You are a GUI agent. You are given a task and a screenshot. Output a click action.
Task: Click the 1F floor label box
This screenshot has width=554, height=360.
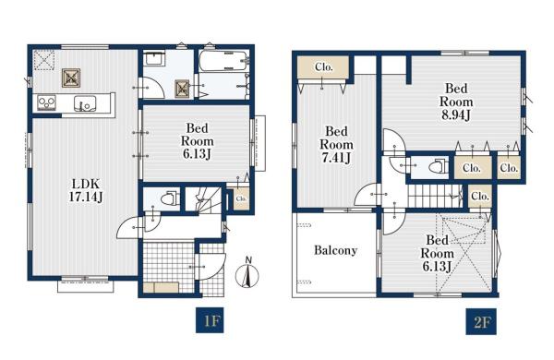(x=210, y=320)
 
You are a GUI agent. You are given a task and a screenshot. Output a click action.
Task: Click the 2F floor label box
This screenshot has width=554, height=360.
(x=481, y=321)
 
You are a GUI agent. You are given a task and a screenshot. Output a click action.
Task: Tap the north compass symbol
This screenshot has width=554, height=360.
(x=247, y=273)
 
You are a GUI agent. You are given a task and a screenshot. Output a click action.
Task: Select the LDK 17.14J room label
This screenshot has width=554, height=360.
(x=86, y=190)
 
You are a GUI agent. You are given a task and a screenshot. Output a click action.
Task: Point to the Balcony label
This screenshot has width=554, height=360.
(x=336, y=250)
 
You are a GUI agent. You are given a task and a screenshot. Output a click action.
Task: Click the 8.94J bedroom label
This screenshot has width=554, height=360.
(x=456, y=102)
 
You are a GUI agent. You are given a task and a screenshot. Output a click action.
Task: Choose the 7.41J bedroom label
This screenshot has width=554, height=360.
(x=336, y=145)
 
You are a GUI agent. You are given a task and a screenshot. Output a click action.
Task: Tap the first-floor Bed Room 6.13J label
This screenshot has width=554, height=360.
(x=198, y=141)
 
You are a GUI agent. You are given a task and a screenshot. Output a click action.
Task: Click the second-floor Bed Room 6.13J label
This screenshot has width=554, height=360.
(x=437, y=253)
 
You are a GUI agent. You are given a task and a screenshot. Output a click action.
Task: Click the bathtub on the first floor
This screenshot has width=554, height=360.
(x=223, y=61)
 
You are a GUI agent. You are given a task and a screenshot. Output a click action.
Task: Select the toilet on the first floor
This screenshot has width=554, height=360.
(x=169, y=198)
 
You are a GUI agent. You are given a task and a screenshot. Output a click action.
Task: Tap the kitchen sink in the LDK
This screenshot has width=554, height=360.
(x=84, y=102)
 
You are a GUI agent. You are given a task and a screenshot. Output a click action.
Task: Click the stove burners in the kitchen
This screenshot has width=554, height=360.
(x=47, y=102)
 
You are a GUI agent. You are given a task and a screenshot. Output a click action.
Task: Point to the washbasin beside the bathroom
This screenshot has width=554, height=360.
(x=154, y=58)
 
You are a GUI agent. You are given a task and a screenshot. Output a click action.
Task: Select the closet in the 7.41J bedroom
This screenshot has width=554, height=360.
(x=323, y=67)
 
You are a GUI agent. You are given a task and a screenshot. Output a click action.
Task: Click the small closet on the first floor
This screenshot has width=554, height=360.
(x=241, y=198)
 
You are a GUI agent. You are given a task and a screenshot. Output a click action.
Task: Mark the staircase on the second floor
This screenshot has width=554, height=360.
(x=435, y=196)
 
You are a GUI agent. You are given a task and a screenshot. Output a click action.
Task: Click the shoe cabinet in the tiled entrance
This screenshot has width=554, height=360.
(x=161, y=288)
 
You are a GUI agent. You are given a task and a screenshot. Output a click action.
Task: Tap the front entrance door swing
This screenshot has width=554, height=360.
(x=212, y=267)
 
